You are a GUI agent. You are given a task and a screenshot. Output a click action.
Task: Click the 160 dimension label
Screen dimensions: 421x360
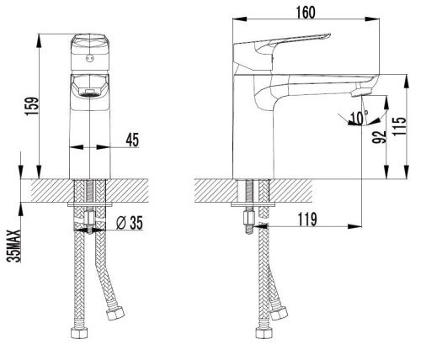click(x=306, y=12)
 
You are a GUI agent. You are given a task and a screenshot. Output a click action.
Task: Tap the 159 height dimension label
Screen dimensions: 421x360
click(x=31, y=106)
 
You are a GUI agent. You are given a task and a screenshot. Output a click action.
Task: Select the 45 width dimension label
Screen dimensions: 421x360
click(x=132, y=140)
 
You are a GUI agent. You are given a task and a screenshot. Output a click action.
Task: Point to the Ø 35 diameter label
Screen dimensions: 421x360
click(x=130, y=223)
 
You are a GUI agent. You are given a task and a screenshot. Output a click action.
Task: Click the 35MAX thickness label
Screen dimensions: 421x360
click(x=14, y=246)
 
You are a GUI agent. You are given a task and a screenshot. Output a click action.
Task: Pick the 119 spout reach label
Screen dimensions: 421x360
click(x=307, y=219)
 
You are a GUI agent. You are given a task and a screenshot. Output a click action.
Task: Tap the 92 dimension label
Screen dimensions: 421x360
click(x=380, y=137)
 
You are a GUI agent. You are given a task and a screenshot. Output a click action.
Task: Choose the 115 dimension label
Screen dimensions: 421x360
click(x=399, y=126)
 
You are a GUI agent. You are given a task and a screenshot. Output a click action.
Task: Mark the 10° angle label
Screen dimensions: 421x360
click(x=360, y=118)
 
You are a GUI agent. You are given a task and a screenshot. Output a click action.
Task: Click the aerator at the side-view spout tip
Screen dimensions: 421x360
click(x=361, y=92)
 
